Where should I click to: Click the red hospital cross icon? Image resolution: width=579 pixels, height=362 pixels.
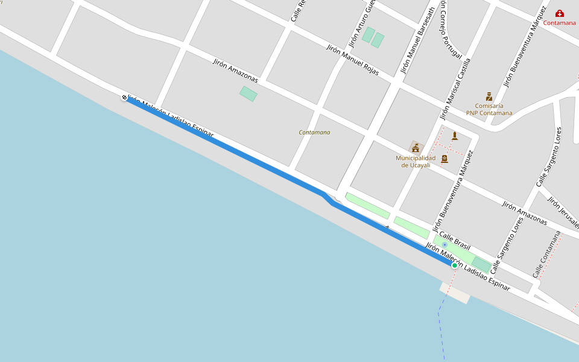point(560,13)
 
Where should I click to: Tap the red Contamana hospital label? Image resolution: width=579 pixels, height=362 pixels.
point(560,23)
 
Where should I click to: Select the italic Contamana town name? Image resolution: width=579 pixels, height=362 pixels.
point(314,132)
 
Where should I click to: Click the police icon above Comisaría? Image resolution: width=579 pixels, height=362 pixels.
point(489,97)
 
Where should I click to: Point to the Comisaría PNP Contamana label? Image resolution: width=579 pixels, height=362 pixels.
point(489,109)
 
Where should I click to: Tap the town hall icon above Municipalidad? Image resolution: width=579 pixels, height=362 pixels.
point(416,147)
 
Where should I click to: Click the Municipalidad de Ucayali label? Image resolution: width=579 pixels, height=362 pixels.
point(416,162)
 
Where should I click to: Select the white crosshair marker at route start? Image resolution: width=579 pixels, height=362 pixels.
point(124,97)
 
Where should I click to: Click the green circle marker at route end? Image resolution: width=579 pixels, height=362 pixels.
point(454,265)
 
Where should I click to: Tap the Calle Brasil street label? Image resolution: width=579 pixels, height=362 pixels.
point(454,240)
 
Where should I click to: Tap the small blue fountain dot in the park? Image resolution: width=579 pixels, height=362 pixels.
point(445,244)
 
